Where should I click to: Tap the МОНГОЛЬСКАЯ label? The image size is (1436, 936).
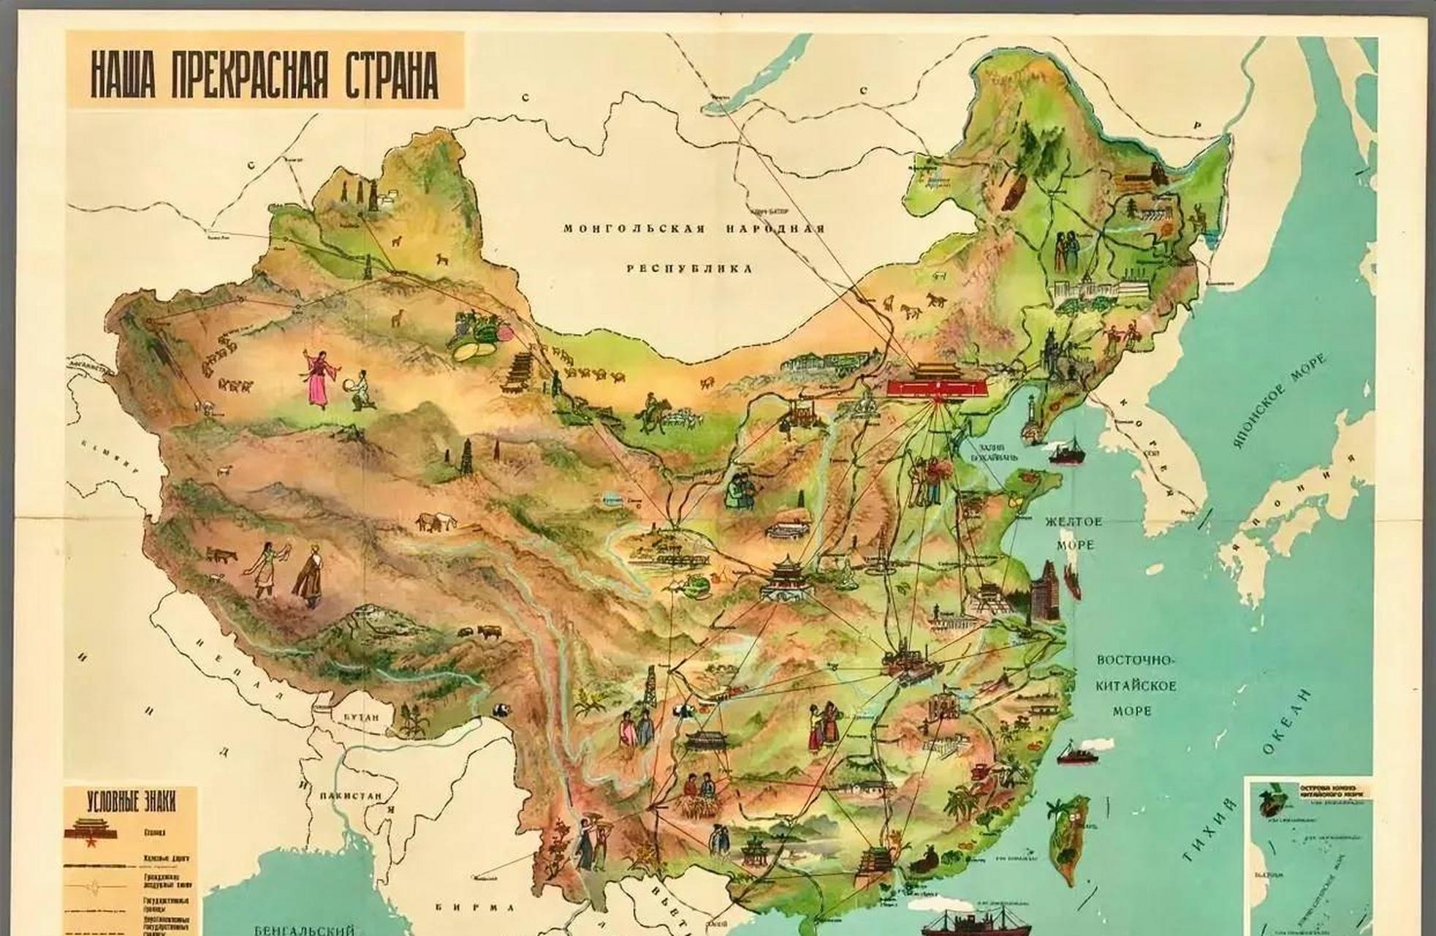click(634, 229)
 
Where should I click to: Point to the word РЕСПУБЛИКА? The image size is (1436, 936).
click(689, 268)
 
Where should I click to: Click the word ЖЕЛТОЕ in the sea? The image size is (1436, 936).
click(1073, 522)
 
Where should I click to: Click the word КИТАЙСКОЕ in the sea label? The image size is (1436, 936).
click(1135, 686)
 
